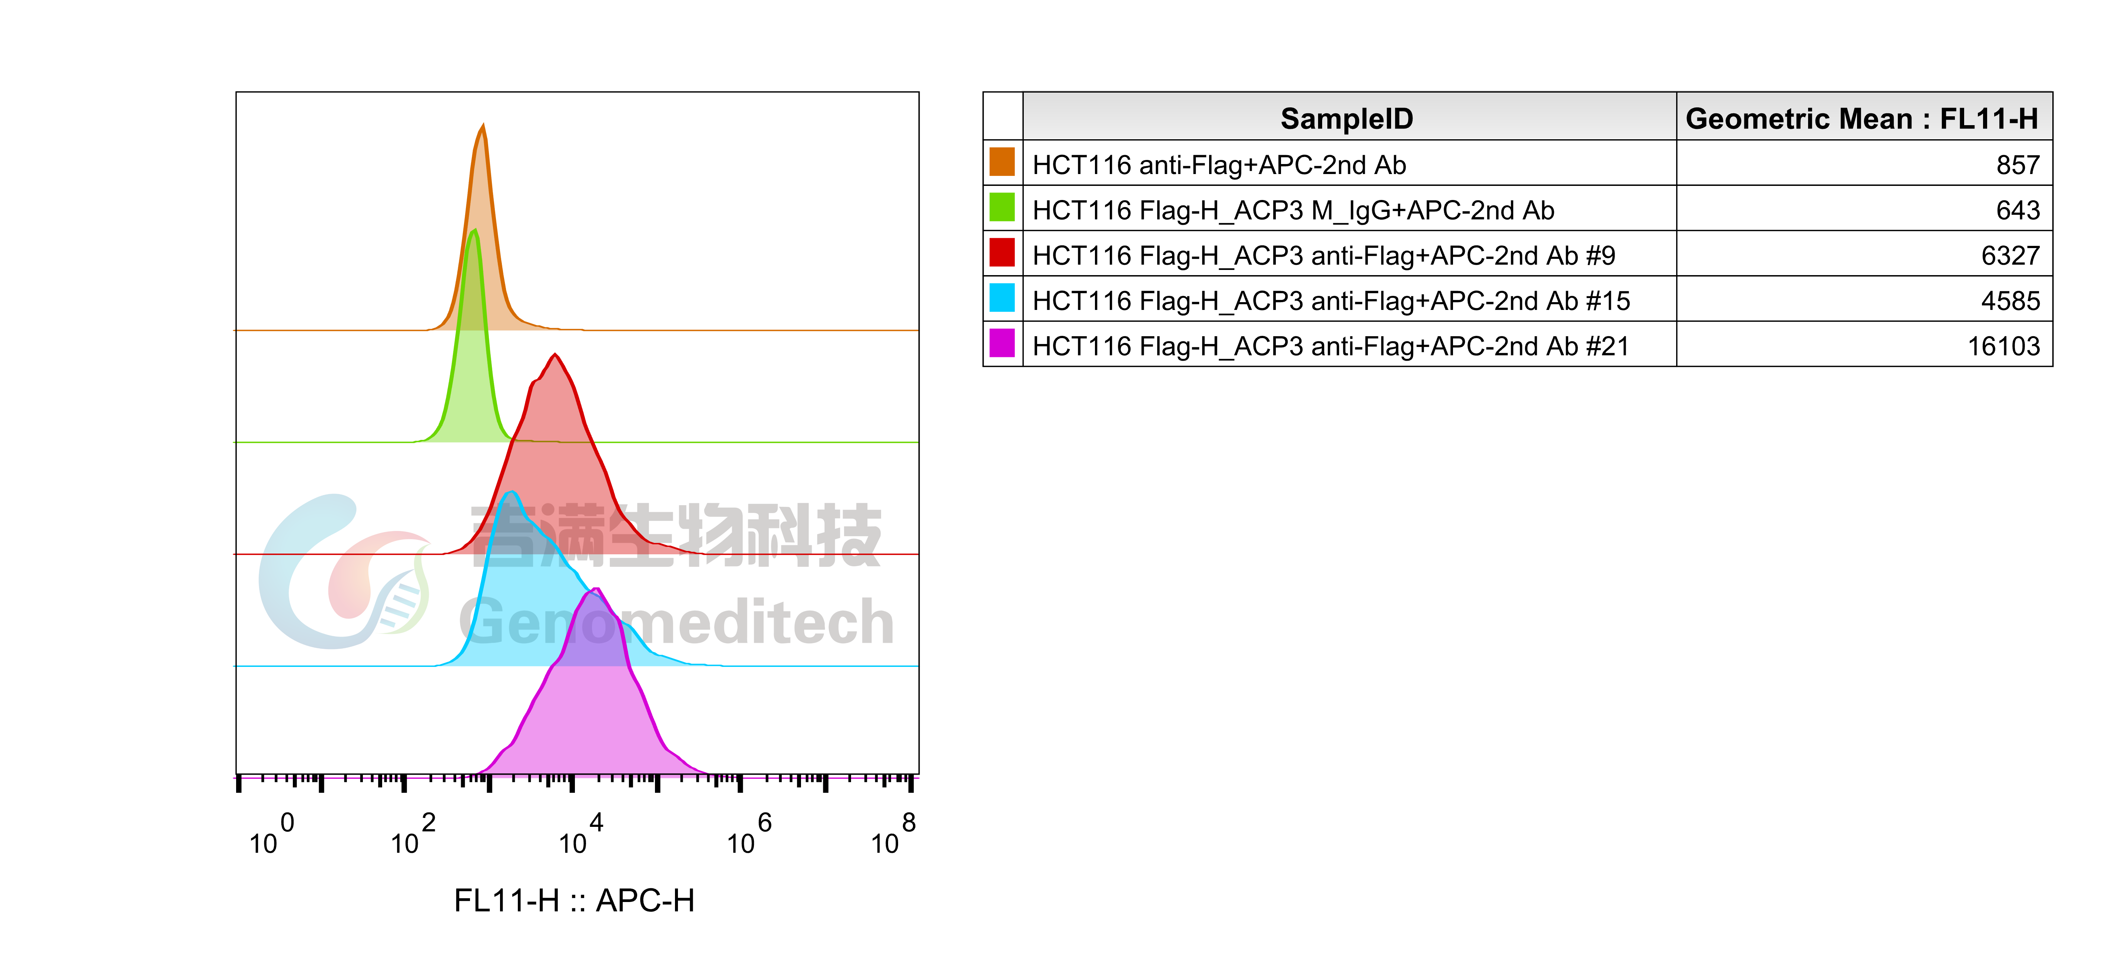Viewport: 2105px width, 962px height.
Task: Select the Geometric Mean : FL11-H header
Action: coord(1861,118)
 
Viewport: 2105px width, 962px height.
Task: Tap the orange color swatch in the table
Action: coord(1002,163)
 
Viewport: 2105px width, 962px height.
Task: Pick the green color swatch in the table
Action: coord(1002,207)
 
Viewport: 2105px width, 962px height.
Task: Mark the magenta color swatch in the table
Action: coord(1002,343)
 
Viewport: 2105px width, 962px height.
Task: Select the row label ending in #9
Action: coord(1324,255)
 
